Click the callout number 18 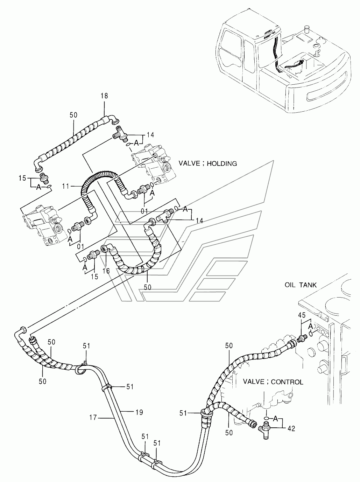pyautogui.click(x=104, y=96)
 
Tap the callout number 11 pyautogui.click(x=66, y=187)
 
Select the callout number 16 pyautogui.click(x=106, y=271)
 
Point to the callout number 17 pyautogui.click(x=93, y=417)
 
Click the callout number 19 pyautogui.click(x=139, y=412)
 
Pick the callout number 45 pyautogui.click(x=302, y=315)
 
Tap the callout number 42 pyautogui.click(x=291, y=428)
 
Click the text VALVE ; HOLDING pyautogui.click(x=208, y=163)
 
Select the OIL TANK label pyautogui.click(x=301, y=285)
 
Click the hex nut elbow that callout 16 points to pyautogui.click(x=105, y=249)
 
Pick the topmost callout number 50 pyautogui.click(x=73, y=115)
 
